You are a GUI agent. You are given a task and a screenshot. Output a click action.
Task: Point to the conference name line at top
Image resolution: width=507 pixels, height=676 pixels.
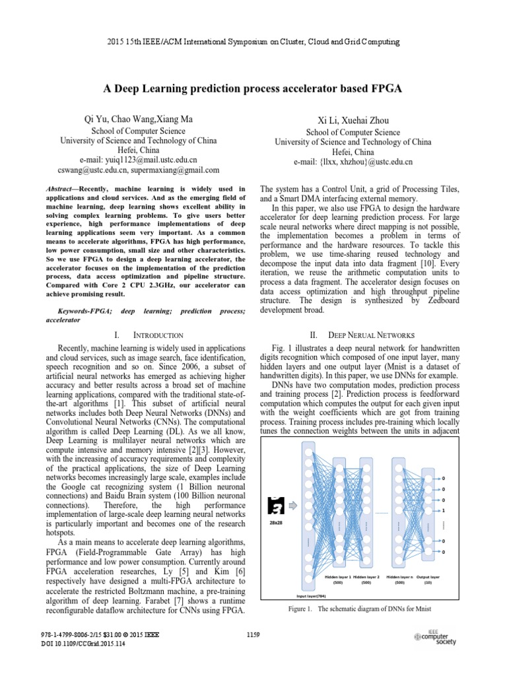253,42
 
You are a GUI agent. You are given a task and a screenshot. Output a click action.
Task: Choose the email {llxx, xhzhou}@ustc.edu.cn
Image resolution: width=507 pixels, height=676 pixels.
353,161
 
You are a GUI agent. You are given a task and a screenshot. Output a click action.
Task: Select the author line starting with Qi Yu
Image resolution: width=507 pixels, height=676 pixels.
138,119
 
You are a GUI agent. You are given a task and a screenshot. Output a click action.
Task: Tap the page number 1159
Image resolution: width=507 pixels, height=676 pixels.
254,635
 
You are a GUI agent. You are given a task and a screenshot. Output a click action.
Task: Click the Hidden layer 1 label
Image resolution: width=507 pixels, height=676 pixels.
338,576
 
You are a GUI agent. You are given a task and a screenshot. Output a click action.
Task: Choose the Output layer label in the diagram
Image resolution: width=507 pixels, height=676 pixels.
428,576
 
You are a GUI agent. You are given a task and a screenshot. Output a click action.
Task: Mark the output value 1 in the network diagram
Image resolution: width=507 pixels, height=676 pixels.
443,510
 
